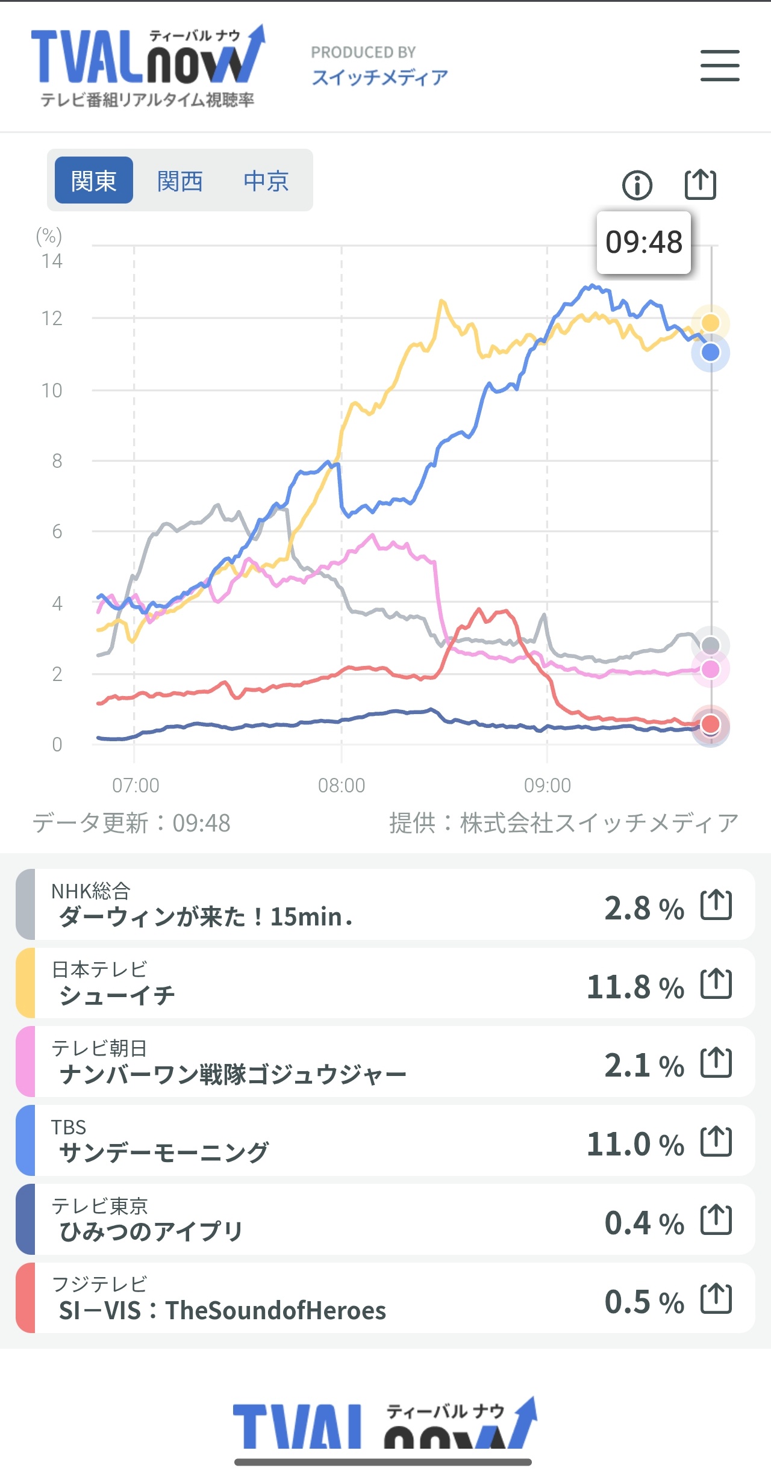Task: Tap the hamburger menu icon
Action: [720, 66]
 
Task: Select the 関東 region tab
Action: [94, 180]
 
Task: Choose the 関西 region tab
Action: [180, 180]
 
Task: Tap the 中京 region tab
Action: [266, 180]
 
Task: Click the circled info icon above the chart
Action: [637, 185]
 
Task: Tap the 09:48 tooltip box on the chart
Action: [643, 243]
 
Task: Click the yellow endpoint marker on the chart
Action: [711, 323]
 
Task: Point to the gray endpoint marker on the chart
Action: [711, 645]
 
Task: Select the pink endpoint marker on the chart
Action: [711, 669]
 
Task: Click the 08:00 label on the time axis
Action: [342, 785]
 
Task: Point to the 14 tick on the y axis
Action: [52, 261]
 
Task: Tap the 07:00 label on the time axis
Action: [136, 785]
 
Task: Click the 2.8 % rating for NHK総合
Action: [644, 908]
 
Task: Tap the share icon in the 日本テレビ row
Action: [716, 984]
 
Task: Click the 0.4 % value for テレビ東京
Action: [644, 1223]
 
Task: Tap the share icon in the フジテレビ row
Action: [716, 1299]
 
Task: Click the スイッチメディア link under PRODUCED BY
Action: [379, 77]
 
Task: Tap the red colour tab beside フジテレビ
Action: [25, 1298]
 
